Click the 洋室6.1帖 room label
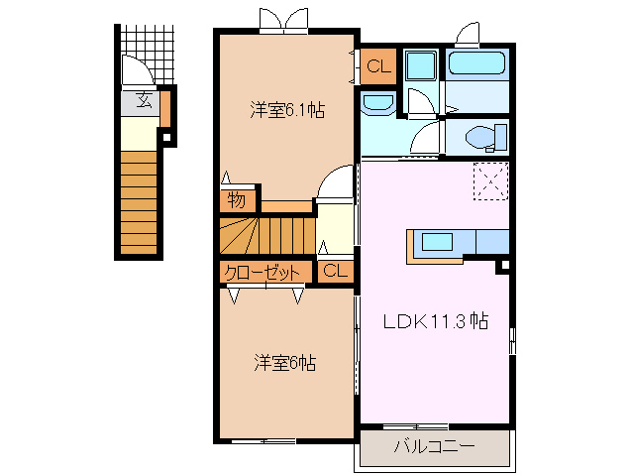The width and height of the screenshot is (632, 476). pos(286,110)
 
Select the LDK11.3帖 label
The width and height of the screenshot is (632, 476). pos(436,320)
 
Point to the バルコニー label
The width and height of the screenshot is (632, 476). pos(433,446)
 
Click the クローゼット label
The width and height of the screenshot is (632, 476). pos(263,271)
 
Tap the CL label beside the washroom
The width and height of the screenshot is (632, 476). pos(377,67)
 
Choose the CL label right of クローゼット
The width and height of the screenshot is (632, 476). pos(335,271)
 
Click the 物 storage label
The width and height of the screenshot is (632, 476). pos(236,199)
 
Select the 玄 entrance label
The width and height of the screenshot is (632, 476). pos(143,99)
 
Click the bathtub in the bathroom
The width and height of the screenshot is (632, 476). pos(477,66)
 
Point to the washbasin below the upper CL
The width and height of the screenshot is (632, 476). pos(376,103)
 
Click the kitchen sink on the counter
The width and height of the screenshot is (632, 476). pos(436,241)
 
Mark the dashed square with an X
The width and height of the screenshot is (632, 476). pos(489,180)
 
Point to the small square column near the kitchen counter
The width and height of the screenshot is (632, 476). pos(503,265)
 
